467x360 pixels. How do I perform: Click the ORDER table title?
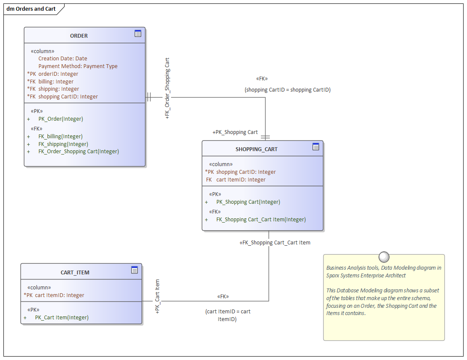(x=79, y=36)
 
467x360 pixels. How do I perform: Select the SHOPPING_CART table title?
(x=256, y=149)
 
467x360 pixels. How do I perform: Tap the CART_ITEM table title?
(x=75, y=273)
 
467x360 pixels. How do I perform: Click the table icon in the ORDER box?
(x=138, y=33)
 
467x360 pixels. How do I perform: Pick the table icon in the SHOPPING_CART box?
(x=316, y=147)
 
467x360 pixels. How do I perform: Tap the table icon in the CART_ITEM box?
(x=134, y=270)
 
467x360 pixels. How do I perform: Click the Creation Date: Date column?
(x=63, y=59)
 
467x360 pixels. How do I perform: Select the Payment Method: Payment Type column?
(x=78, y=66)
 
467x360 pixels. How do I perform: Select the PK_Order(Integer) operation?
(x=61, y=119)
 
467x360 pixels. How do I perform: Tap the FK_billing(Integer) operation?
(x=60, y=137)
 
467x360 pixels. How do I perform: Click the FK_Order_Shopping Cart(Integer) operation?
(x=79, y=152)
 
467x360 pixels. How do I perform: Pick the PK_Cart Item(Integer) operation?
(x=62, y=318)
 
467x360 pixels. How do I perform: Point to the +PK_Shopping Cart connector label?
(x=235, y=132)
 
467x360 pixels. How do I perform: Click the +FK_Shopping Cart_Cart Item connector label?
(x=275, y=243)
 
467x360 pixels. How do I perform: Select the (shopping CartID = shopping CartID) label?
(x=287, y=90)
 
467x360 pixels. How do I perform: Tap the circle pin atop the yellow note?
(x=384, y=257)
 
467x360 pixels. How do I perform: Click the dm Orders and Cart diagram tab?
(x=31, y=9)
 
